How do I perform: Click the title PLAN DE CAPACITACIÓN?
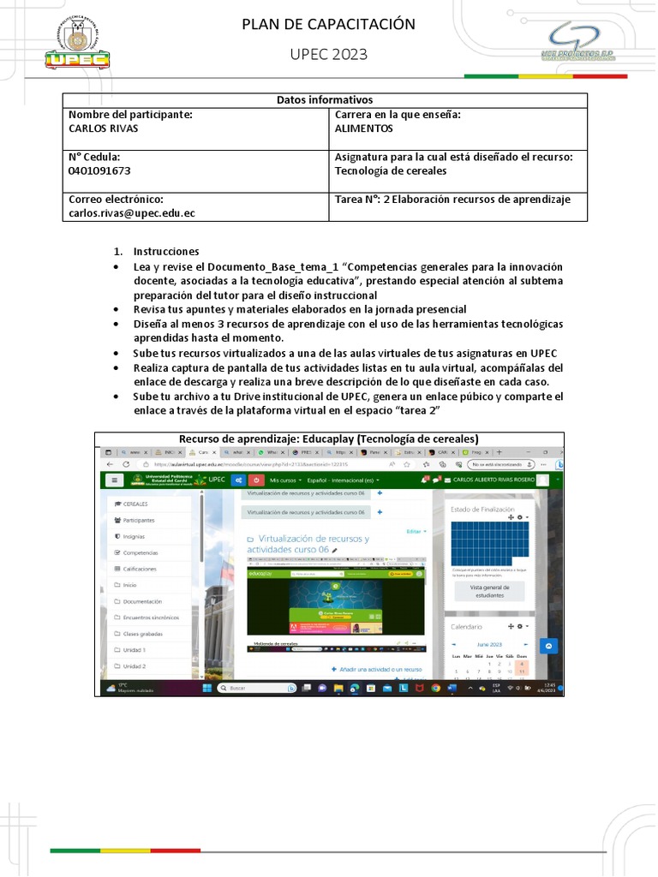[x=328, y=24]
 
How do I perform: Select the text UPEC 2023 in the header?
[x=328, y=55]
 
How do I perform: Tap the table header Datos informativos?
[x=325, y=100]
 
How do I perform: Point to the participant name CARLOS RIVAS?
[x=103, y=128]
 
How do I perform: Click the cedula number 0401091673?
[x=99, y=170]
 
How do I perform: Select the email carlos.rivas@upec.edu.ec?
[x=132, y=213]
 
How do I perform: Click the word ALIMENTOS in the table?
[x=364, y=128]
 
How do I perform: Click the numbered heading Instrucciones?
[x=165, y=251]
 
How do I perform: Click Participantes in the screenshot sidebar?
[x=138, y=520]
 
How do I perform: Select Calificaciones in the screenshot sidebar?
[x=139, y=569]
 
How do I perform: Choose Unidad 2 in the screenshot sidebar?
[x=134, y=665]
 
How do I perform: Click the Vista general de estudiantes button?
[x=489, y=591]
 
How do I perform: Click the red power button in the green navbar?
[x=256, y=480]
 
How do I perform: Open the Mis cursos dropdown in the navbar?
[x=287, y=480]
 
